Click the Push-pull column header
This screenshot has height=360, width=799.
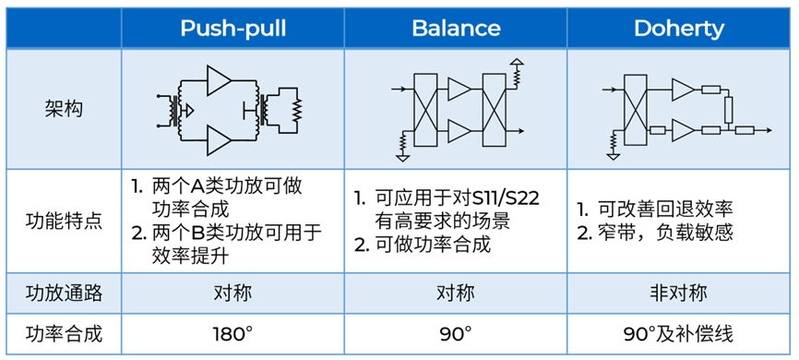[x=232, y=28]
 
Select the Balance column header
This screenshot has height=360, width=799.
[x=456, y=28]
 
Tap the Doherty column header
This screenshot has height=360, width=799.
[x=678, y=28]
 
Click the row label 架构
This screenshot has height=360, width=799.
[x=63, y=109]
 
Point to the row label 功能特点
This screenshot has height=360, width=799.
[x=63, y=222]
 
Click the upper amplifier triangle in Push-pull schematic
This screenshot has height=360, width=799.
[x=220, y=79]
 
